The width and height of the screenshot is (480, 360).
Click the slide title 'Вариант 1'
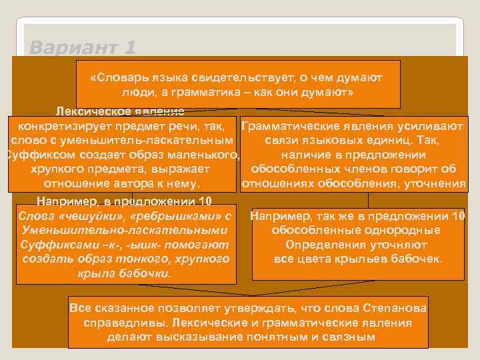click(x=83, y=48)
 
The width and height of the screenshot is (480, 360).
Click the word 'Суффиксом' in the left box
click(x=36, y=155)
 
